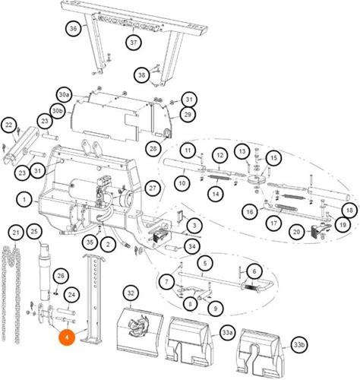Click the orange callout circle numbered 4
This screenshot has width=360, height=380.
pos(67,337)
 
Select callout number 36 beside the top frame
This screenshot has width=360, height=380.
pos(73,28)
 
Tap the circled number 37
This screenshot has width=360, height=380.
pos(134,43)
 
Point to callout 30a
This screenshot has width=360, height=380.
pos(64,95)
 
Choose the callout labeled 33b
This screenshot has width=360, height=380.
pos(298,345)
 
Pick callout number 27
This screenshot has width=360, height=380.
pos(153,188)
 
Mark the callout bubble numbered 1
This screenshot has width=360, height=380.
pos(24,200)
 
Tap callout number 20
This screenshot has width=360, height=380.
pos(297,232)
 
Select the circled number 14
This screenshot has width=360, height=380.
pos(216,194)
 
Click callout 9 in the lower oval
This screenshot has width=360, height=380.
pos(216,309)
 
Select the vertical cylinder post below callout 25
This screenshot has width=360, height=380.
pos(45,271)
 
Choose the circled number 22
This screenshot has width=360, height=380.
pos(9,125)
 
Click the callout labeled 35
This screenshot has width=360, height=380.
pos(90,242)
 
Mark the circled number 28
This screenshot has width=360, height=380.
pos(153,148)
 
